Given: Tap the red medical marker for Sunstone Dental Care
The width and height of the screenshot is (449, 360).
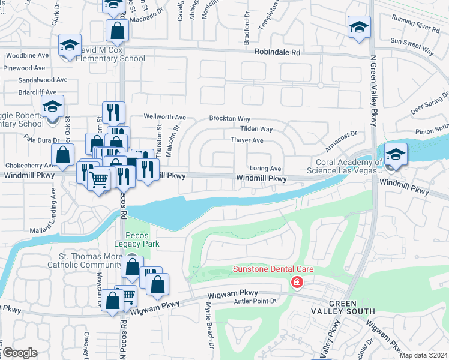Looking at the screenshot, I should pyautogui.click(x=296, y=282).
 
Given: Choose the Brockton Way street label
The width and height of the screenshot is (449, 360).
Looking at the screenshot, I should pyautogui.click(x=229, y=119).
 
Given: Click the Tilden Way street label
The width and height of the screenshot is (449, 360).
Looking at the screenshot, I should pyautogui.click(x=256, y=129).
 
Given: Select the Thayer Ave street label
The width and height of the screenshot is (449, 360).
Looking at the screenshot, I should pyautogui.click(x=247, y=140).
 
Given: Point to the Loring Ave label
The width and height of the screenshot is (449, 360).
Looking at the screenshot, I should pyautogui.click(x=265, y=169).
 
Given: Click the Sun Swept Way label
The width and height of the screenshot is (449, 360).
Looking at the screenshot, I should pyautogui.click(x=412, y=41).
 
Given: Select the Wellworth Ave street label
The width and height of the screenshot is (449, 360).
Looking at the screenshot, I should pyautogui.click(x=164, y=116).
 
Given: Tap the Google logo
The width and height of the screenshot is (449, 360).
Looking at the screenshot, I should pyautogui.click(x=20, y=353).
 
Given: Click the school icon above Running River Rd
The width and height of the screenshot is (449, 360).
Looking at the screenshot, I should pyautogui.click(x=359, y=27).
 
